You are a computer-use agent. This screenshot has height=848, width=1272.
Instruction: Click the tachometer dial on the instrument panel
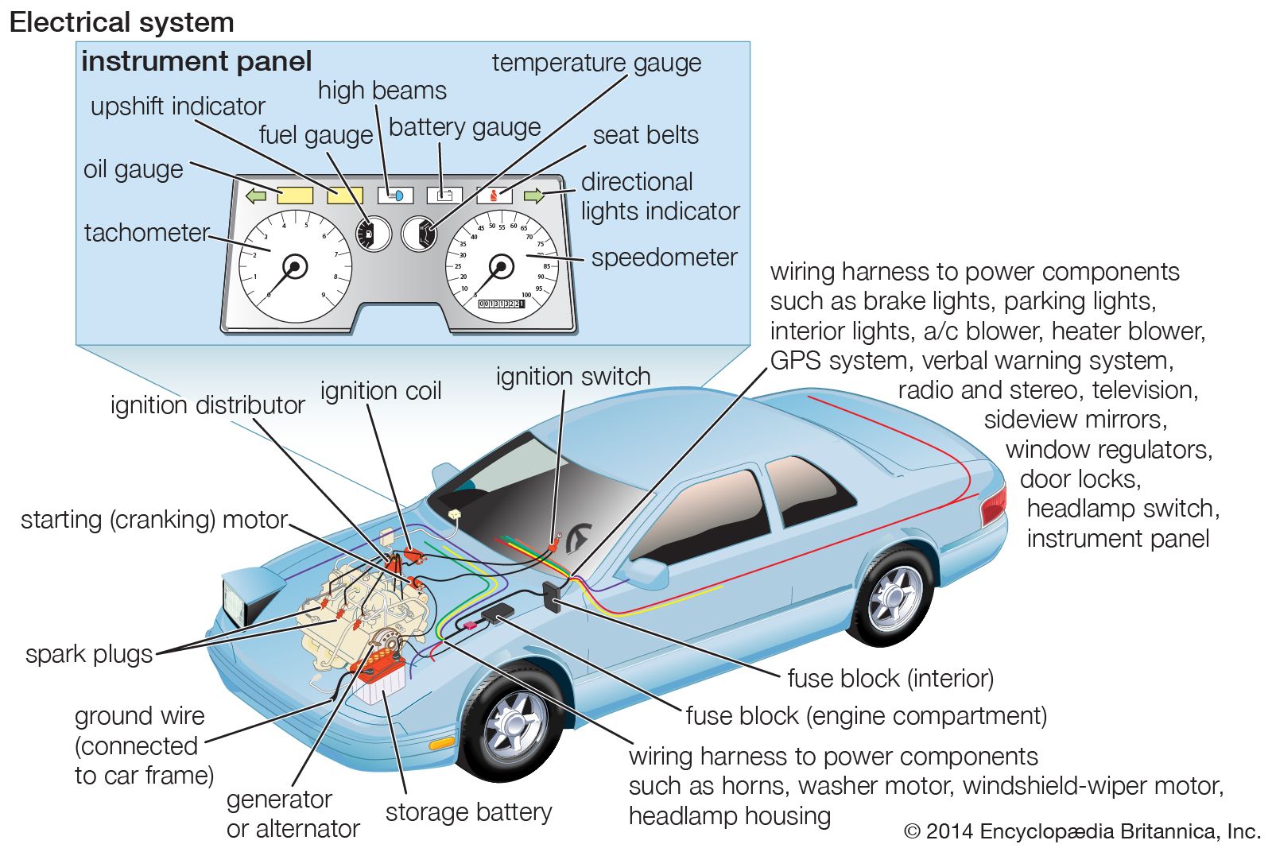[295, 266]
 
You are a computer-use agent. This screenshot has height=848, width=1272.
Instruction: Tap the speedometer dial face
[502, 266]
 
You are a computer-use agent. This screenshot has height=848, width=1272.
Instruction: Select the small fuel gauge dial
[373, 234]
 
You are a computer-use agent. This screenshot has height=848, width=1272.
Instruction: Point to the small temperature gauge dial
[419, 234]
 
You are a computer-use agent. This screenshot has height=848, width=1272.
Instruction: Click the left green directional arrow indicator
[256, 196]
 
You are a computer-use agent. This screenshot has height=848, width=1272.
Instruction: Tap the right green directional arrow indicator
[533, 196]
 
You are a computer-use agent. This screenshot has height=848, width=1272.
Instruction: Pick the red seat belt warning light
[494, 195]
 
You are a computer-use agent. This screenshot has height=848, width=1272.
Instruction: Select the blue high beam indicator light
[395, 195]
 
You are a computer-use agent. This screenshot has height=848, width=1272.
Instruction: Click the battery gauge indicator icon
[444, 195]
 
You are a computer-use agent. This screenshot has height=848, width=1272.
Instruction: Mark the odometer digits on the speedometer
[501, 304]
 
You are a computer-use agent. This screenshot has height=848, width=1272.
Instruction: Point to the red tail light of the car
[994, 504]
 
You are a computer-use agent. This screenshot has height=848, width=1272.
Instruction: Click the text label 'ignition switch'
[573, 376]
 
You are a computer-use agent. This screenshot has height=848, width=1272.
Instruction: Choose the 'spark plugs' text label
[89, 654]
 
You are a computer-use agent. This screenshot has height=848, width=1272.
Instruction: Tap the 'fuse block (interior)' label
[890, 678]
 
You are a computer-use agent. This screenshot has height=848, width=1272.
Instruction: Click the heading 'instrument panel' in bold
[196, 61]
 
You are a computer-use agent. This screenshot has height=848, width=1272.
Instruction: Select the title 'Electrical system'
[122, 22]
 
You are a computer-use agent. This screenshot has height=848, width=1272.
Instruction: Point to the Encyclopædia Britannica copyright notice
[1083, 831]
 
